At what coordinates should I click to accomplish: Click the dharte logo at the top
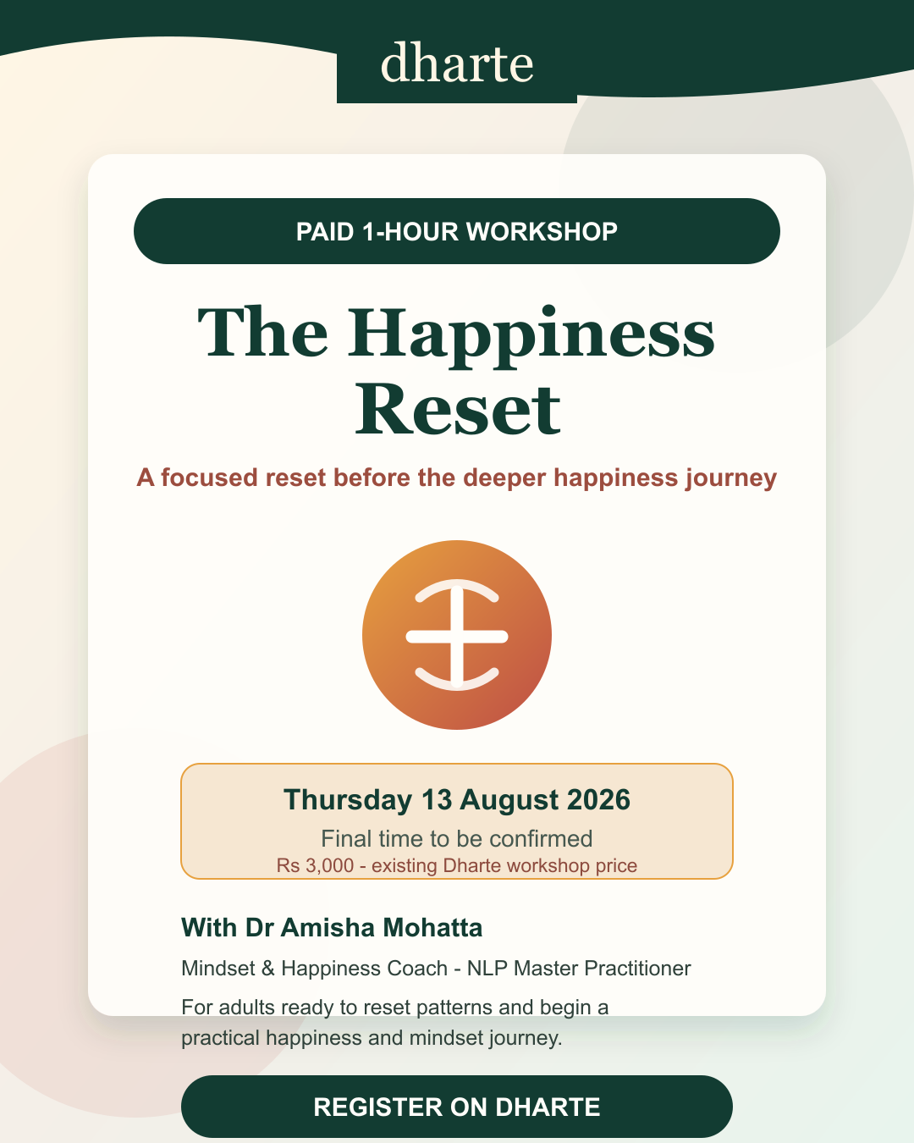(457, 63)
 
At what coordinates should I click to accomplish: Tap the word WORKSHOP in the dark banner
(542, 232)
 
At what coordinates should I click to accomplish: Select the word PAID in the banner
(325, 232)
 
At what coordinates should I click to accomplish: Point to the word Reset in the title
(457, 409)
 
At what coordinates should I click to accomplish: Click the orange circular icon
(457, 635)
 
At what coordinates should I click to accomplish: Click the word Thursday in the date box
(348, 800)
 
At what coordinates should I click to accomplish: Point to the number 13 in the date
(437, 799)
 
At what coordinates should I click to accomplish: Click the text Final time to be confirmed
(457, 839)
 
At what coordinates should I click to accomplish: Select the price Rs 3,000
(315, 866)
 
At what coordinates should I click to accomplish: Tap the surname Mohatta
(432, 928)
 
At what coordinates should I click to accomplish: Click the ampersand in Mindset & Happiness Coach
(267, 969)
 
